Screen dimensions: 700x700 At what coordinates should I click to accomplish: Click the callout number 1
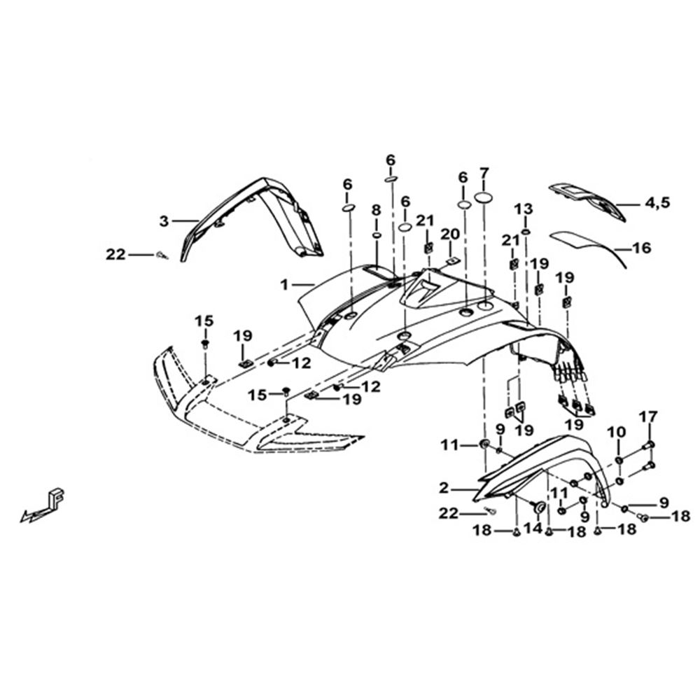[284, 284]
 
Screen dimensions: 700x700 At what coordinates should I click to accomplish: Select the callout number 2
[443, 488]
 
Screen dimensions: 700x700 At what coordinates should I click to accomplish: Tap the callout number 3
[164, 220]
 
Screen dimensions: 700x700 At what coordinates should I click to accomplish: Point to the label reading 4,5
[657, 203]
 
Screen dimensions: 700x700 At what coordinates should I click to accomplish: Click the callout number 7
[484, 173]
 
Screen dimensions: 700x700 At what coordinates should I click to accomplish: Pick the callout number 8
[377, 209]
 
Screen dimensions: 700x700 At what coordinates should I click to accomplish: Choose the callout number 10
[619, 433]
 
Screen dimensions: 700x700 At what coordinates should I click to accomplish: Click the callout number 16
[642, 248]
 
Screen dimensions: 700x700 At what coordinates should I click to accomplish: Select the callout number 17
[648, 417]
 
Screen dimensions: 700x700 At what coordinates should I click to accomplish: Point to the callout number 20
[450, 234]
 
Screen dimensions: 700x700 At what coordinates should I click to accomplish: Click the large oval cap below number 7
[485, 197]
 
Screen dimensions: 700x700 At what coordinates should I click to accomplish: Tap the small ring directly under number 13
[526, 232]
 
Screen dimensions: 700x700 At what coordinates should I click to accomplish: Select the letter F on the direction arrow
[57, 496]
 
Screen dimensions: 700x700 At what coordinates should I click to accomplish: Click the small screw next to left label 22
[162, 255]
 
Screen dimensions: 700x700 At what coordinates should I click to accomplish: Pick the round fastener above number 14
[539, 507]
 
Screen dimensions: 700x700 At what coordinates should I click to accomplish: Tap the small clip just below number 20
[453, 260]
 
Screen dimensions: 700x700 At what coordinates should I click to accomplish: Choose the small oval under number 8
[377, 235]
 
